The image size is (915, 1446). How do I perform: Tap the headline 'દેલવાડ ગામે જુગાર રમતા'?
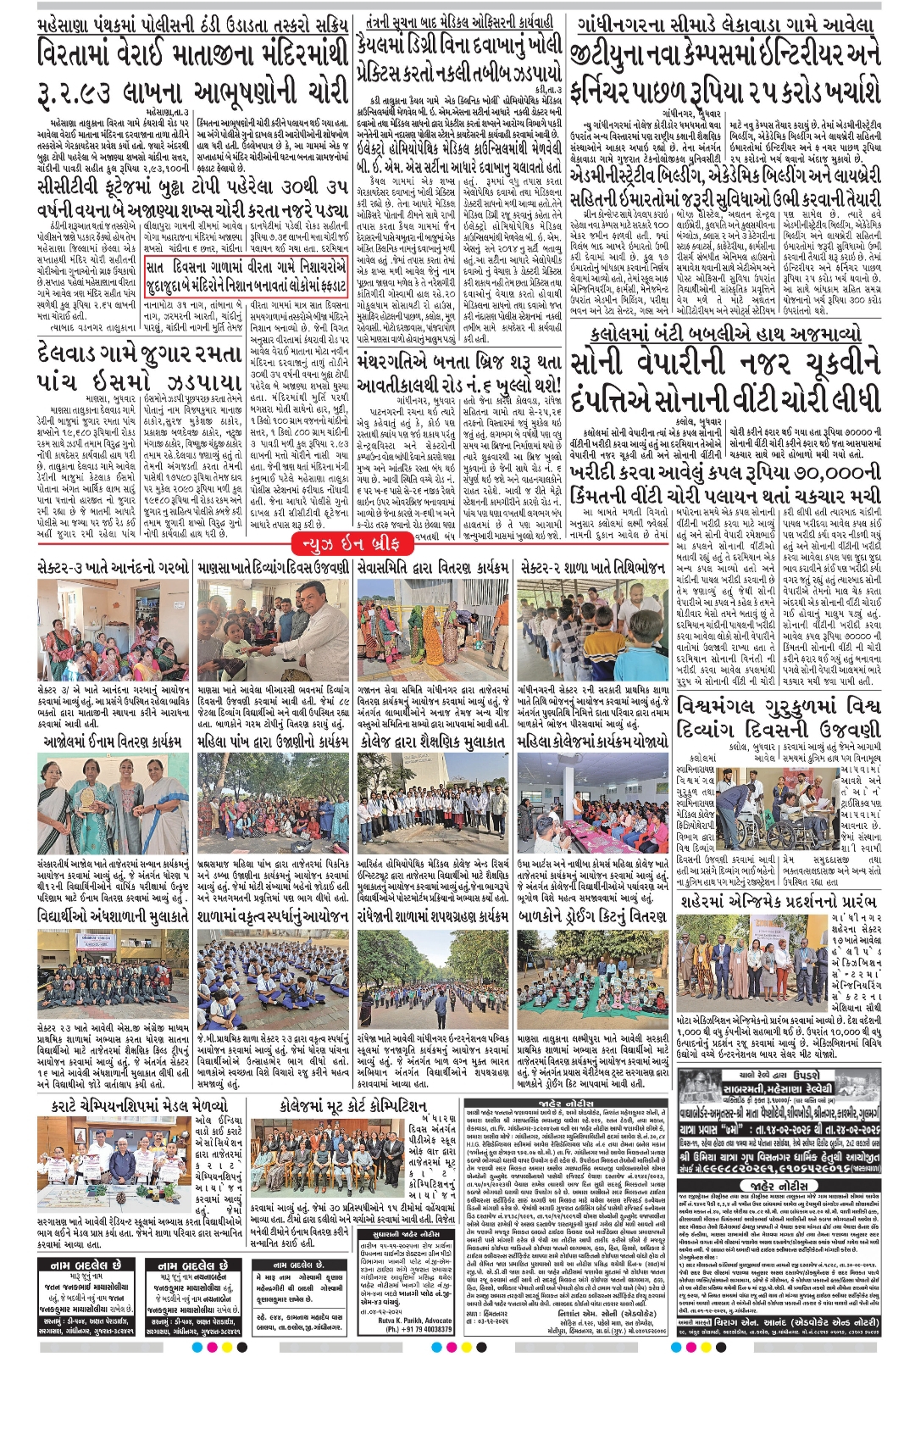[x=140, y=356]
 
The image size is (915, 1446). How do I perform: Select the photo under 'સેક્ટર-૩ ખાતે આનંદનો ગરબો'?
[x=114, y=631]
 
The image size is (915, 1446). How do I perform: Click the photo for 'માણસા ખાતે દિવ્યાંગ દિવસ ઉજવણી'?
[x=273, y=631]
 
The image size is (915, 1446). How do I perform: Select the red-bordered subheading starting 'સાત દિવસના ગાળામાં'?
[x=247, y=276]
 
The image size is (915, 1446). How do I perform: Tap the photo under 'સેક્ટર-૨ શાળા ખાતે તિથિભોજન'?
[x=592, y=631]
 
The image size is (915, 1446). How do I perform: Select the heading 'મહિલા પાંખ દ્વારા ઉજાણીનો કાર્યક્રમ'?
[x=273, y=741]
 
